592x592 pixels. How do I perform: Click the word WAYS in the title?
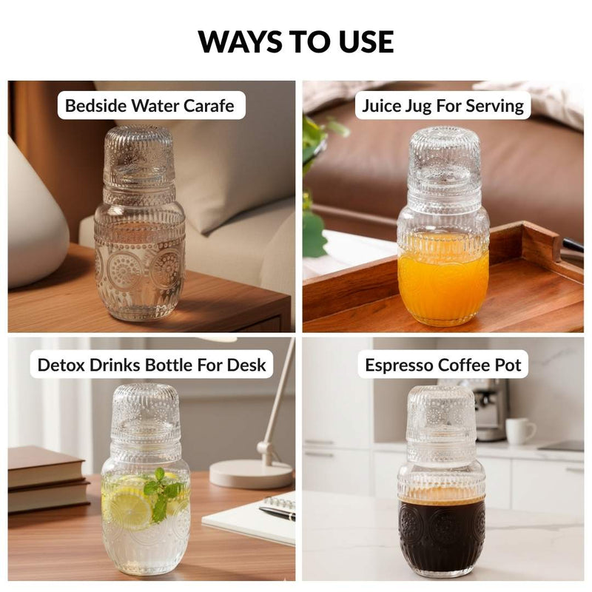241,41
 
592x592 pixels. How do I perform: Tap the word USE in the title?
366,41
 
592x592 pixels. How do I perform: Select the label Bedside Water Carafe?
149,105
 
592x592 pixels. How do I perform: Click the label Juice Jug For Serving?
443,106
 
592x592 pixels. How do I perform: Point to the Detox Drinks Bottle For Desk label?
152,365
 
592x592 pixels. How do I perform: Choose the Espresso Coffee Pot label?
443,365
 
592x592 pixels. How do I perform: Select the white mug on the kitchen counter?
520,431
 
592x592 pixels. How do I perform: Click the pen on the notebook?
277,513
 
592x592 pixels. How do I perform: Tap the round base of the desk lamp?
252,474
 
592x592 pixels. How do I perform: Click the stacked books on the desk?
47,479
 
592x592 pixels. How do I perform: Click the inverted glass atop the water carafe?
139,158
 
